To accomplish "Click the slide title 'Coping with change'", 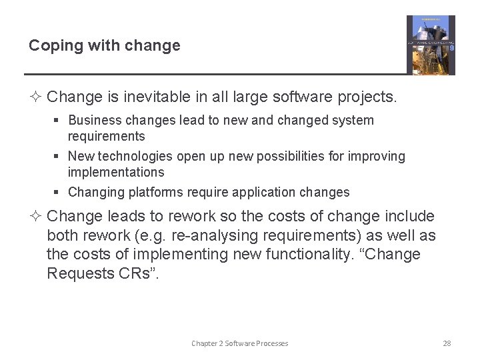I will (104, 46).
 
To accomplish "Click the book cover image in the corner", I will (431, 45).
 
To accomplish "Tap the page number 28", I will (447, 343).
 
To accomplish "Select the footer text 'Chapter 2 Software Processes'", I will (239, 343).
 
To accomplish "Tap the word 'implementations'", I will (116, 172).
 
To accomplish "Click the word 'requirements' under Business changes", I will (106, 136).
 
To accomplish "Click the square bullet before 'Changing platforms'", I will (58, 193).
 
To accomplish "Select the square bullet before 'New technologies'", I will (58, 157).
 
